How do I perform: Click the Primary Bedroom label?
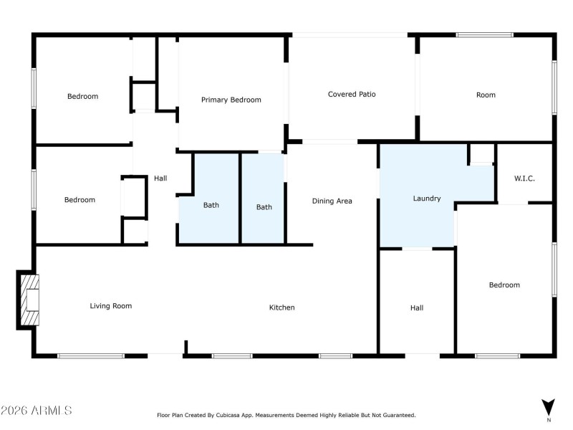pyautogui.click(x=231, y=100)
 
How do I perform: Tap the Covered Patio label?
pyautogui.click(x=352, y=95)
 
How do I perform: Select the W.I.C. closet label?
pyautogui.click(x=524, y=178)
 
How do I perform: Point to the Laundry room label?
pyautogui.click(x=426, y=199)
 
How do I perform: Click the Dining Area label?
pyautogui.click(x=332, y=201)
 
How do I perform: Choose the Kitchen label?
pyautogui.click(x=281, y=307)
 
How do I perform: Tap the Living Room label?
pyautogui.click(x=110, y=306)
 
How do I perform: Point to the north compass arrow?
pyautogui.click(x=548, y=405)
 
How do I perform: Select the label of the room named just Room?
pyautogui.click(x=486, y=95)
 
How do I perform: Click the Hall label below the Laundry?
pyautogui.click(x=417, y=307)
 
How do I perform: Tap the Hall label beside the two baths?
pyautogui.click(x=160, y=178)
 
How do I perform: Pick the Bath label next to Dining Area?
pyautogui.click(x=264, y=207)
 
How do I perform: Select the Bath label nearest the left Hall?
pyautogui.click(x=211, y=205)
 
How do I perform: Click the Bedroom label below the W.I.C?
pyautogui.click(x=504, y=285)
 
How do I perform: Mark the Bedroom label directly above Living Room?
pyautogui.click(x=80, y=200)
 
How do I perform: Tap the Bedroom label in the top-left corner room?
pyautogui.click(x=82, y=96)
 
